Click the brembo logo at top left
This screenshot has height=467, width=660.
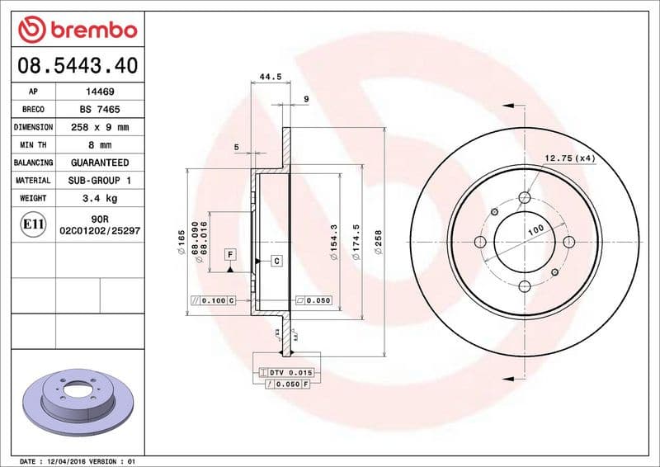coord(77,30)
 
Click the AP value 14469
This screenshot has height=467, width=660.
coord(100,92)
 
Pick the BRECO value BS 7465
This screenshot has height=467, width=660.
coord(100,110)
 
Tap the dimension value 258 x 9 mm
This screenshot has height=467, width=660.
coord(100,128)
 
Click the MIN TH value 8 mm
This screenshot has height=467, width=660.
coord(100,145)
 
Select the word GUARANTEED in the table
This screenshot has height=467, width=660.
coord(100,163)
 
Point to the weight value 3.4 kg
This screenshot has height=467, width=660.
coord(100,199)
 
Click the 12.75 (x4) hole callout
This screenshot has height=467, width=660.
coord(569,158)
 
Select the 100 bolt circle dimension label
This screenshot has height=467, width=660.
coord(537,229)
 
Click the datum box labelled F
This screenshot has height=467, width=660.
coord(230,254)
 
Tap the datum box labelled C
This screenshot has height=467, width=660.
coord(276,261)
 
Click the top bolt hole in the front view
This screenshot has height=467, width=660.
coord(524,197)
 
